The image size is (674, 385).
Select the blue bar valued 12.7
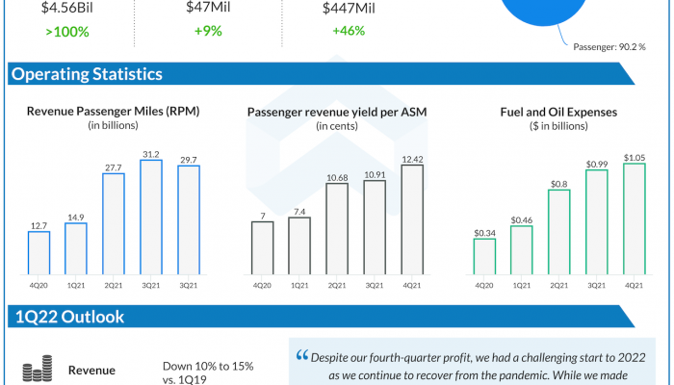pos(39,252)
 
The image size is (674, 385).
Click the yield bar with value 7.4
pos(299,245)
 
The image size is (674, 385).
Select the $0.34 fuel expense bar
pos(484,256)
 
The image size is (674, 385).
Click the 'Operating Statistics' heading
pos(87,75)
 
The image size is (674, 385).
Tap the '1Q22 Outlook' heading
pos(67,317)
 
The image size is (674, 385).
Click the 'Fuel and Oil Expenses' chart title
pos(558,113)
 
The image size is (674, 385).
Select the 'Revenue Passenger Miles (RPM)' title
pos(114,113)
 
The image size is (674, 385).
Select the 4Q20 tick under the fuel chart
pos(484,286)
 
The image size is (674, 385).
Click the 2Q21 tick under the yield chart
pos(336,286)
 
